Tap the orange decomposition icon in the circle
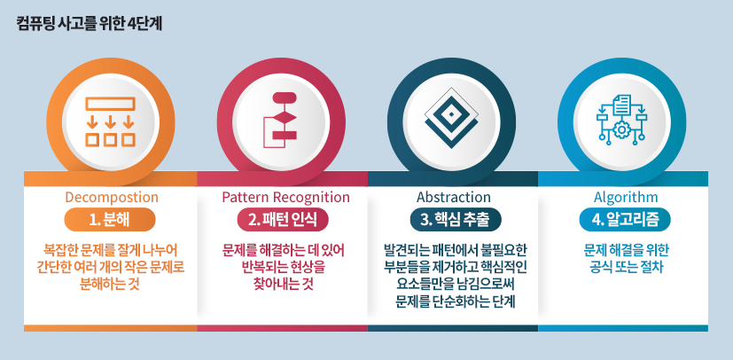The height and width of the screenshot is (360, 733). (x=110, y=118)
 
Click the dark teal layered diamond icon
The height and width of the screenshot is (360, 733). (x=452, y=118)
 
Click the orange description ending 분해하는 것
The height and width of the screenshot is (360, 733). (x=110, y=285)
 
